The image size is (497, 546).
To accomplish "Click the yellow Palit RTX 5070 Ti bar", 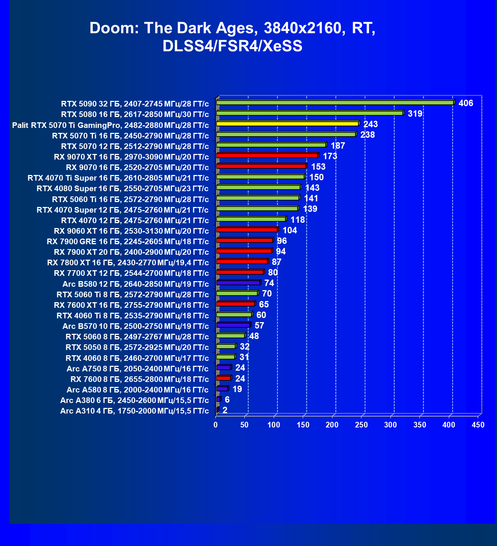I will (288, 124).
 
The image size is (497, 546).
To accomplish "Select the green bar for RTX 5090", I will (335, 103).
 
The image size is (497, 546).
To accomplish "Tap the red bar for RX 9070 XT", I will (267, 155).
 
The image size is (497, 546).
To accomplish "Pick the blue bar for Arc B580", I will (238, 283).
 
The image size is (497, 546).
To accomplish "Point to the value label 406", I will (466, 103).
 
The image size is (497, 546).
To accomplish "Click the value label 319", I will (415, 114).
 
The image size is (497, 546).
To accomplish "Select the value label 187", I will (338, 146).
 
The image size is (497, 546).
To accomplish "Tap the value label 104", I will (290, 230).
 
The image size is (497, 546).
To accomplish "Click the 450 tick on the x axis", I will (478, 425).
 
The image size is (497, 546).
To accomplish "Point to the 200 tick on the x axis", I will (332, 425).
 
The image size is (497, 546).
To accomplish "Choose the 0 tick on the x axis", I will (216, 425).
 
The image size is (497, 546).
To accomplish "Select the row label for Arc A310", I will (134, 411).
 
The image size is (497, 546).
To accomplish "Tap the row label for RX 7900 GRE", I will (128, 241).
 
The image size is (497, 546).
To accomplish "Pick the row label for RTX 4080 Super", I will (123, 189).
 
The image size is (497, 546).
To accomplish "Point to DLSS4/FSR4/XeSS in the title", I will (232, 46).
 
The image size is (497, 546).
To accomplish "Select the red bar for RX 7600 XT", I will (236, 304).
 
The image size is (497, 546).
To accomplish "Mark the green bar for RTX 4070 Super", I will (257, 208).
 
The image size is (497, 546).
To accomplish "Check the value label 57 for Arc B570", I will (259, 325).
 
